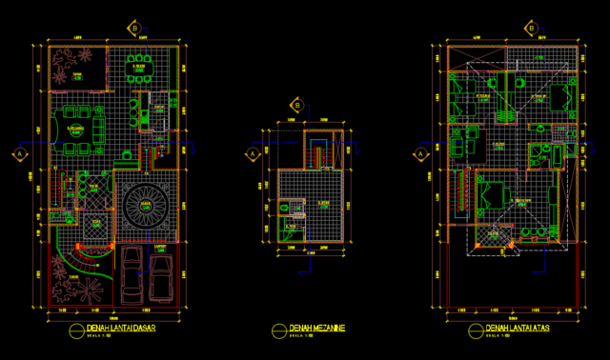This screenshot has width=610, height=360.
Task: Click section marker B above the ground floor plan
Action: coord(135,29)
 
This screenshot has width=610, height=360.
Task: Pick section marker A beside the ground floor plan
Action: coord(18,153)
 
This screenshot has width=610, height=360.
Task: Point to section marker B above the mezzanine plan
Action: coord(297,106)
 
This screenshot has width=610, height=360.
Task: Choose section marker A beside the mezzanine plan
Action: coord(252,153)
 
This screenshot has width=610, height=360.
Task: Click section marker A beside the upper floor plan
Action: coord(420,153)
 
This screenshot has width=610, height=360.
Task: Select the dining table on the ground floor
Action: coord(140,68)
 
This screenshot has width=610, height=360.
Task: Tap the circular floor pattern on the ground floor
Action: coord(146,204)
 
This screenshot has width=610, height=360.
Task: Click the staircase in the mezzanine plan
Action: coord(317,152)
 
